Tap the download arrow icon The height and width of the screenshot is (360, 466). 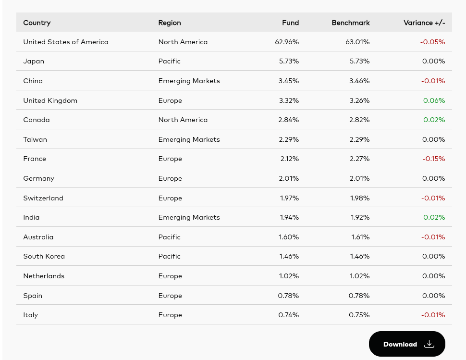click(429, 344)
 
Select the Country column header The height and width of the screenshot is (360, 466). click(37, 23)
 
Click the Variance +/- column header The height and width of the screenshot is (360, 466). click(424, 23)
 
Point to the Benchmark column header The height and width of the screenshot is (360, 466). click(351, 23)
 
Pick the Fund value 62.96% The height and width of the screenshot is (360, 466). click(287, 42)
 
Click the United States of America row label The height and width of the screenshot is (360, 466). click(66, 42)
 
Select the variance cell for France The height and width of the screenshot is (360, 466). click(434, 159)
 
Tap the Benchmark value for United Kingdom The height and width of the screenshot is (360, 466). click(359, 100)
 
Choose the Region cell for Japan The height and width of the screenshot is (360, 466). click(170, 61)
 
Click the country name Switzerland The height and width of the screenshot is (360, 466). click(43, 198)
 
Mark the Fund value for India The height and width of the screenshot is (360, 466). click(289, 217)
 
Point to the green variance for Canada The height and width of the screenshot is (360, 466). click(434, 120)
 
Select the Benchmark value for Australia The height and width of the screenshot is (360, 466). click(360, 237)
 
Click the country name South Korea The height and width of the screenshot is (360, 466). click(44, 256)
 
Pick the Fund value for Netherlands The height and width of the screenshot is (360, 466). click(289, 276)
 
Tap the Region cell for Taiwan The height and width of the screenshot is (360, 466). click(189, 139)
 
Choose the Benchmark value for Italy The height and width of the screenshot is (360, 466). click(359, 315)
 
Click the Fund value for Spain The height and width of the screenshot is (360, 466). click(288, 296)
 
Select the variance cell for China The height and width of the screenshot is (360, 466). click(433, 81)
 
